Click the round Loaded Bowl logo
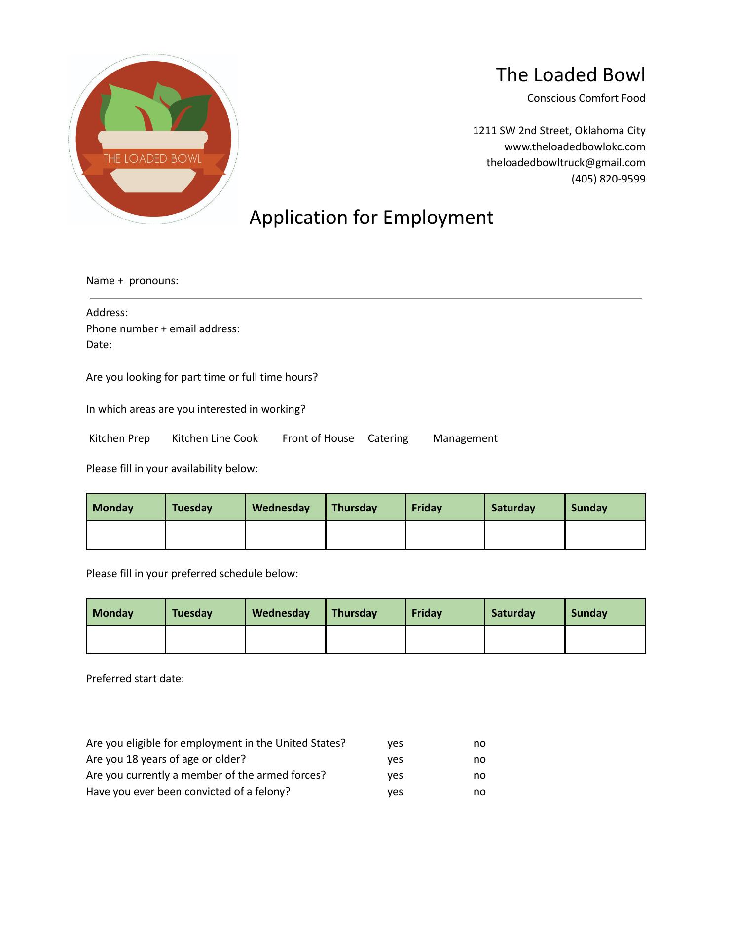(x=153, y=139)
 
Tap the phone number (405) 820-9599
(x=608, y=179)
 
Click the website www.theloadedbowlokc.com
(x=574, y=147)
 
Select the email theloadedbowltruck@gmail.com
(x=565, y=163)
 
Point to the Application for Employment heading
(x=371, y=218)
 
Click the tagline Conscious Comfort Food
(x=586, y=98)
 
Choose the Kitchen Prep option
(x=119, y=438)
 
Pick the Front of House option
(x=318, y=438)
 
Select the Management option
(x=465, y=438)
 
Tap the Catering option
(x=388, y=438)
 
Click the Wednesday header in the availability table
(x=281, y=508)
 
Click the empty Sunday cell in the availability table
(x=605, y=536)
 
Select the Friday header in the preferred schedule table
(x=427, y=613)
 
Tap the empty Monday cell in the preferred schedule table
(x=126, y=640)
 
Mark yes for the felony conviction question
(x=395, y=792)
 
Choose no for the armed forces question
(x=479, y=775)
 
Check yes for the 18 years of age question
(x=395, y=759)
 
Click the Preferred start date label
(x=135, y=679)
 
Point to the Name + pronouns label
(x=132, y=281)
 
